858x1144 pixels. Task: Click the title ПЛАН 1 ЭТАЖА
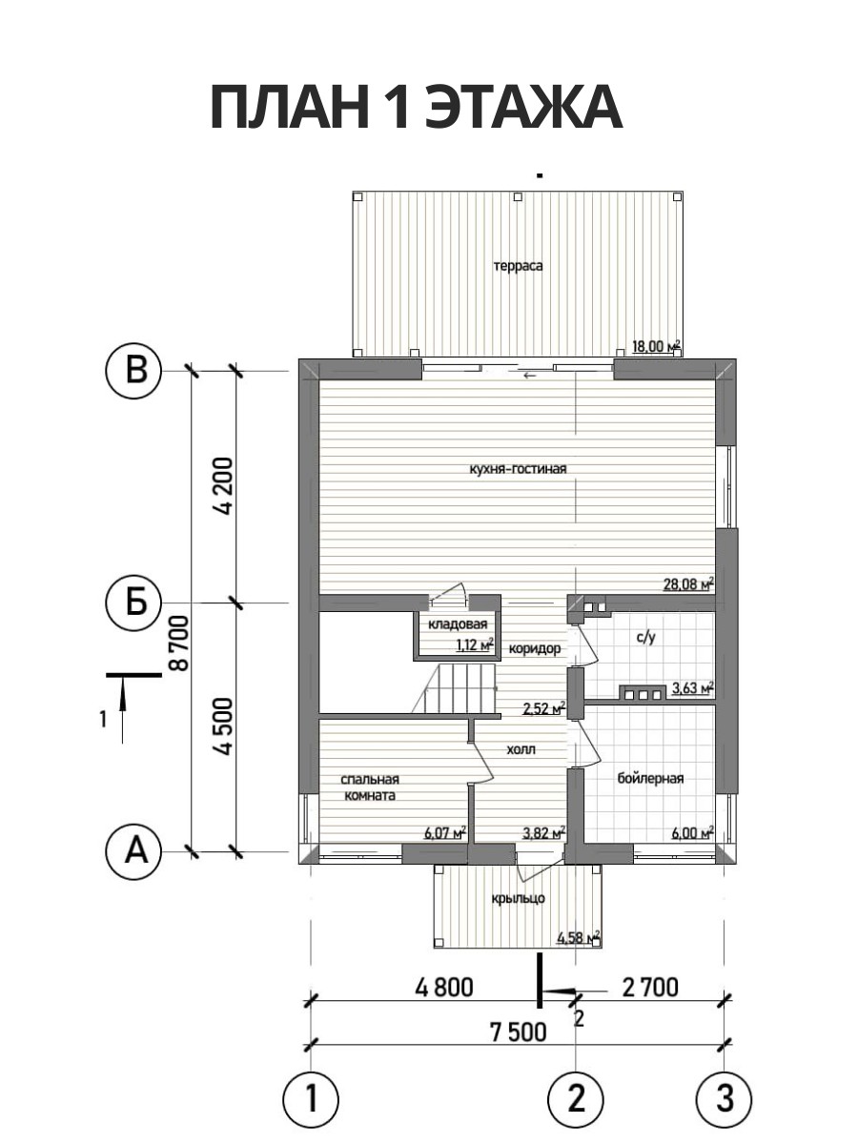(x=417, y=108)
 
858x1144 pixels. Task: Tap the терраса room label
(x=519, y=266)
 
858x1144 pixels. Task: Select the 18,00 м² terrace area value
(x=657, y=345)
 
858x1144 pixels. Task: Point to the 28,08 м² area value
(x=687, y=583)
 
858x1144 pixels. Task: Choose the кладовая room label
(x=458, y=623)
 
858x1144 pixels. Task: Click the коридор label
(x=535, y=649)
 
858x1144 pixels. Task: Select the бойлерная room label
(x=650, y=779)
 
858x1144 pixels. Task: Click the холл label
(x=521, y=749)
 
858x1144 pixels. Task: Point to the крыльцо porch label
(x=519, y=899)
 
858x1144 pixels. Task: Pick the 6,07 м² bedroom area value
(x=445, y=833)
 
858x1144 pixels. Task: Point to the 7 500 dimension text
(x=519, y=1031)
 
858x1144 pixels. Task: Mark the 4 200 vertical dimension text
(x=225, y=486)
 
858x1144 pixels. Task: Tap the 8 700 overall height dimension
(x=178, y=643)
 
